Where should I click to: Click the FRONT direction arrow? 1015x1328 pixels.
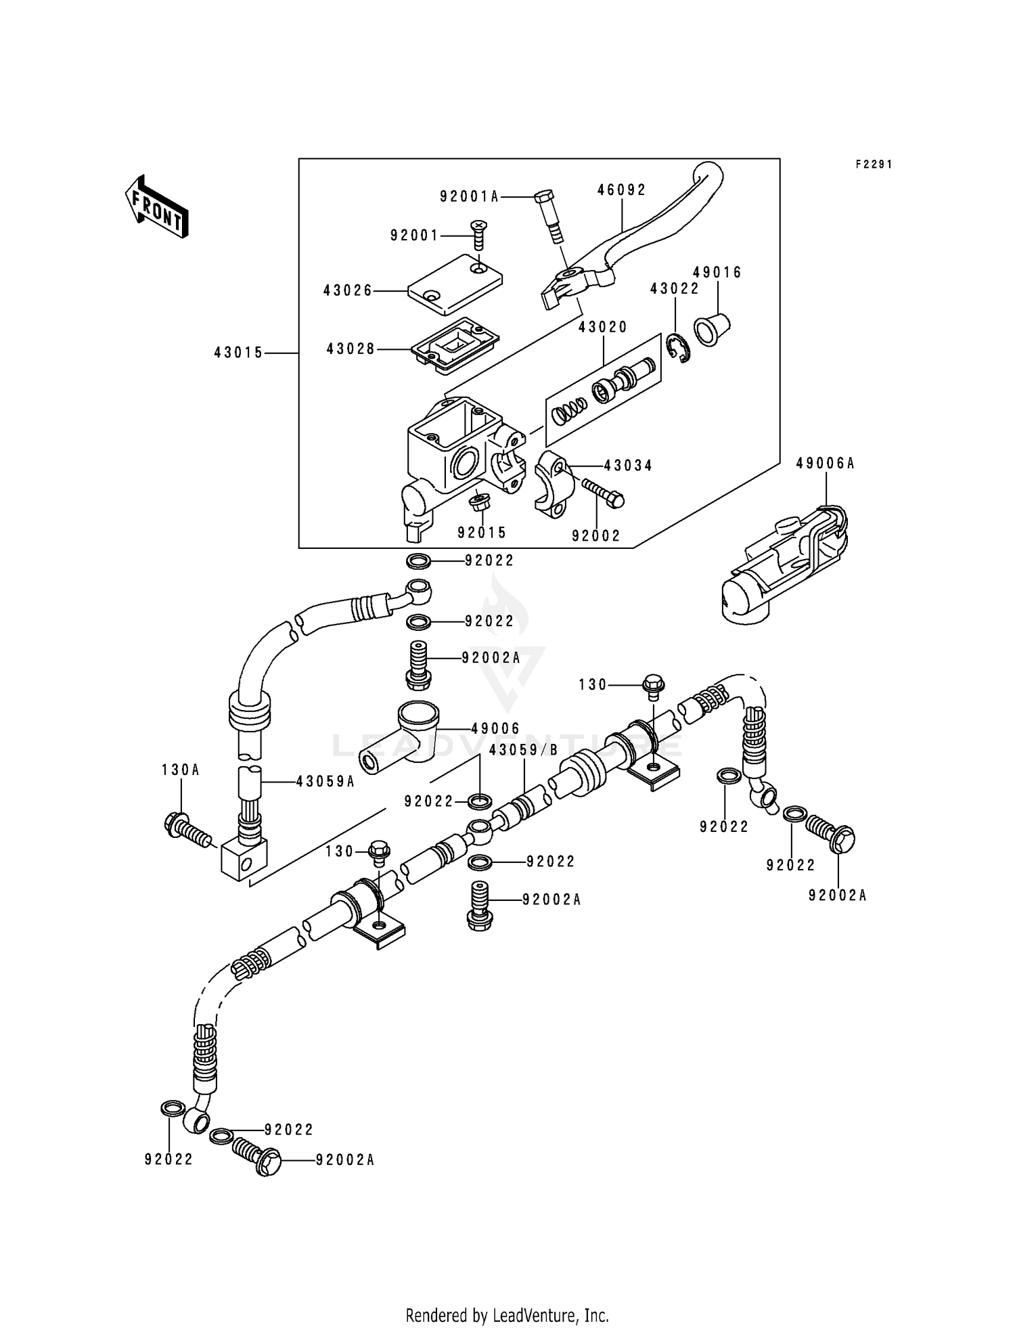(x=156, y=206)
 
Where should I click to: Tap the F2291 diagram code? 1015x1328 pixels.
(x=874, y=164)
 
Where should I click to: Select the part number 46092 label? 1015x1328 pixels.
(x=621, y=190)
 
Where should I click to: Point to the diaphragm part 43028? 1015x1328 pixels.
(x=454, y=345)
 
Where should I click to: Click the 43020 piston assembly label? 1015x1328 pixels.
(x=602, y=327)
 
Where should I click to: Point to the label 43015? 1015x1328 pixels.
(x=238, y=353)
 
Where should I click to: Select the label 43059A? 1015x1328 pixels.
(x=325, y=781)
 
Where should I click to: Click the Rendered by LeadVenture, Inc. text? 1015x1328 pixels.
(x=507, y=1315)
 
